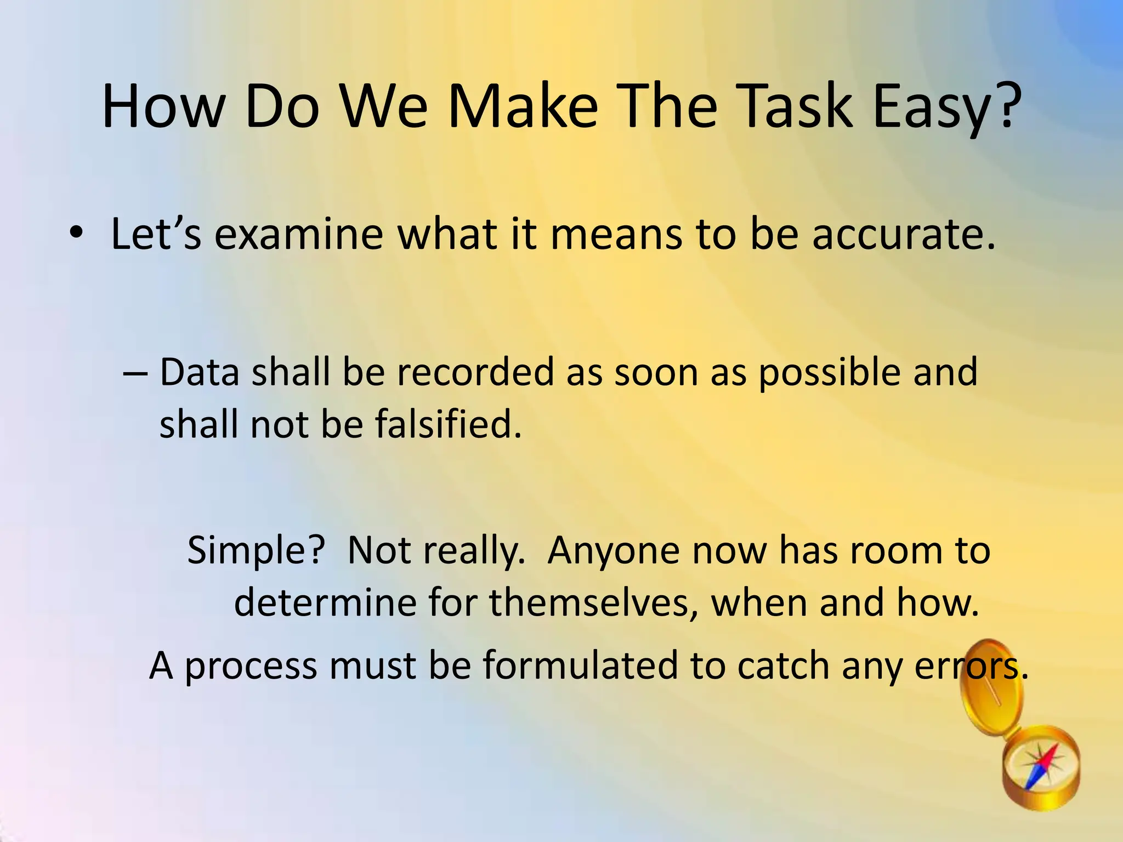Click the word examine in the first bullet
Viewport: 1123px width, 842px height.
(x=298, y=235)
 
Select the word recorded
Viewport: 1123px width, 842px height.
(x=475, y=372)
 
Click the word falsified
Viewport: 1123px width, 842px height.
(x=447, y=424)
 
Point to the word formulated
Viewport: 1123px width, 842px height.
(x=580, y=666)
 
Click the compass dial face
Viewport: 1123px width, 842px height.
(x=1040, y=766)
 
